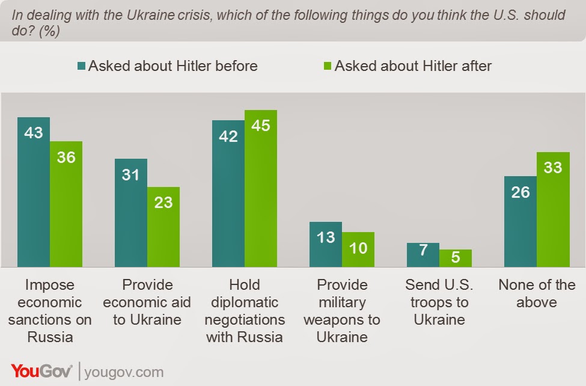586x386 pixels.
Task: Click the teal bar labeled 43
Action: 34,192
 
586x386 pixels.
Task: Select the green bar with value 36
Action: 66,204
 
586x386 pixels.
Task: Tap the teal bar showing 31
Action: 131,212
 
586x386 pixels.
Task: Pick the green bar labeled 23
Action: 163,227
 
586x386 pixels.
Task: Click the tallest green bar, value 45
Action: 261,188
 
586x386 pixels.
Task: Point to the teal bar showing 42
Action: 228,194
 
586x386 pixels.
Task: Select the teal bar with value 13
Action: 326,244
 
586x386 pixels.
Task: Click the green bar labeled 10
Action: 358,250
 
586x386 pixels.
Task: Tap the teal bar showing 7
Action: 423,255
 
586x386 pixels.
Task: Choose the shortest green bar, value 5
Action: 456,258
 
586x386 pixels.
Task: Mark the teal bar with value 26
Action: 520,221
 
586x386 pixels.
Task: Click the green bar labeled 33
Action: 553,209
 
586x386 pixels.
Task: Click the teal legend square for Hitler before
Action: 82,66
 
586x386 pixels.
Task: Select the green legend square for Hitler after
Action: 328,66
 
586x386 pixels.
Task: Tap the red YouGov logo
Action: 41,371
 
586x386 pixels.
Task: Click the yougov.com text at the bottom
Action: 124,373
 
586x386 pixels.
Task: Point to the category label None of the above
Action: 537,293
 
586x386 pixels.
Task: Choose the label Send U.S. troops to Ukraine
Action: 439,302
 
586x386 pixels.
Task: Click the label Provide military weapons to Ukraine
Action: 342,311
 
